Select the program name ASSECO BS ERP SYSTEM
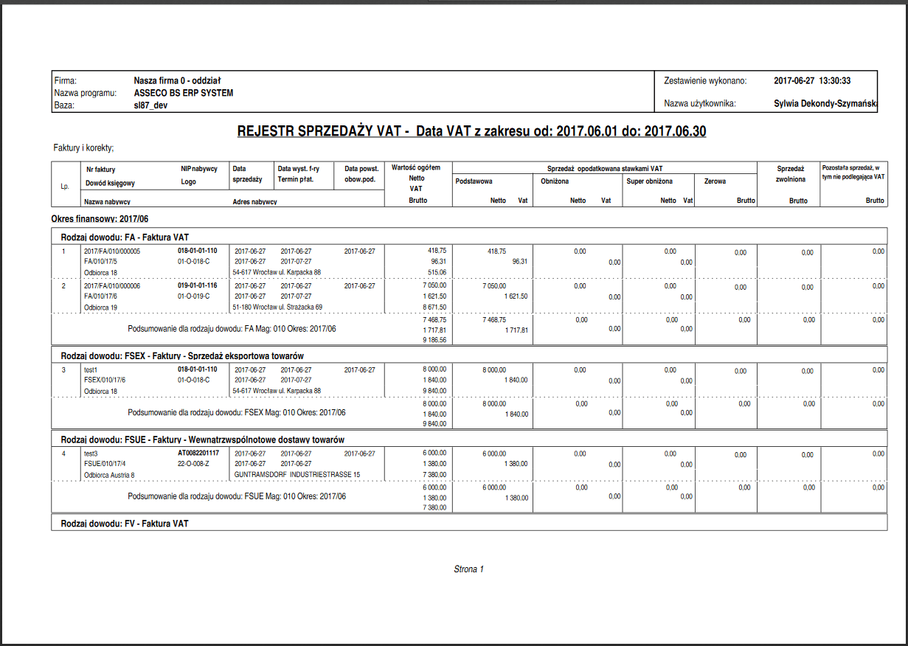(x=184, y=93)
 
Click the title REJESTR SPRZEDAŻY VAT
(x=323, y=131)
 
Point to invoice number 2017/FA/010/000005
(x=112, y=251)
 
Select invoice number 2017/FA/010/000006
(x=112, y=285)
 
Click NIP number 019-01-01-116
(x=198, y=285)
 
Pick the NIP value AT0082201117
(x=198, y=454)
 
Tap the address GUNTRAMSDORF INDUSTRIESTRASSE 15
(x=297, y=474)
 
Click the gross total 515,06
(x=437, y=272)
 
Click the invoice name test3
(x=91, y=454)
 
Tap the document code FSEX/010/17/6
(x=105, y=381)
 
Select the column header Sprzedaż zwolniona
(x=789, y=173)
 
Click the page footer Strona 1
(x=468, y=569)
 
